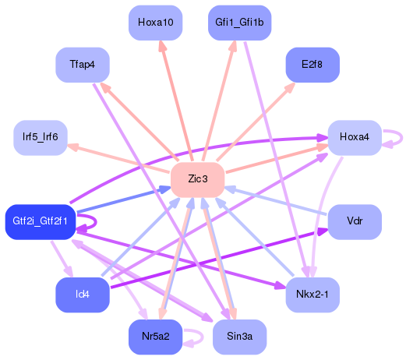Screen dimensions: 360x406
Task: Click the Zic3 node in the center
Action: pos(197,179)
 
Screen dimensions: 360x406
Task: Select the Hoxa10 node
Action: pos(155,22)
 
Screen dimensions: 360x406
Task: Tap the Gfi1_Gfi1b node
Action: pos(239,22)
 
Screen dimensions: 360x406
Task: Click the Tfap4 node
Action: pos(82,64)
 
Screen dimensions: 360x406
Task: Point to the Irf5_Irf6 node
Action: pos(40,137)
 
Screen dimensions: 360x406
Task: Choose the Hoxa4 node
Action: pos(354,137)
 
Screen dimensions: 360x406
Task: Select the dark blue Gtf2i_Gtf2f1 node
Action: pos(40,222)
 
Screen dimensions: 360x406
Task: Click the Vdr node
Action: pos(355,221)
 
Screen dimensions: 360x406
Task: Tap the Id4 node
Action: pos(81,295)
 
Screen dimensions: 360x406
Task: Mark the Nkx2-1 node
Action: pos(312,295)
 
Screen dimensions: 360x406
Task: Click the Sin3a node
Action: pos(239,337)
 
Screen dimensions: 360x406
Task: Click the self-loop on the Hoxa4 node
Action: pos(394,138)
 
